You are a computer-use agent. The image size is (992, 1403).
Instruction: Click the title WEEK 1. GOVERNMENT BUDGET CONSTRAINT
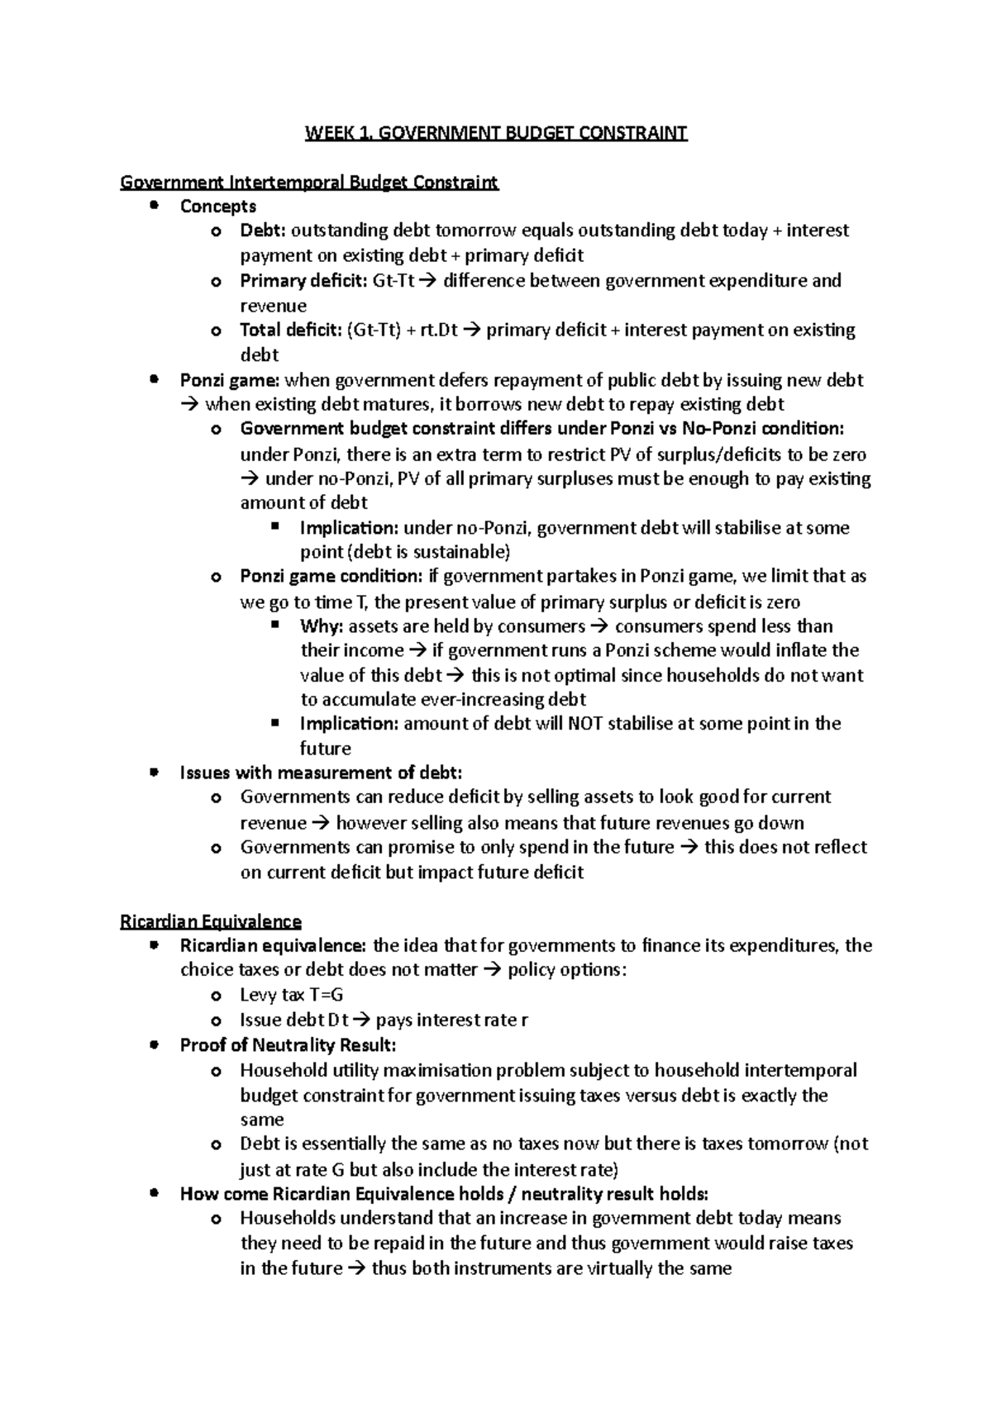click(496, 133)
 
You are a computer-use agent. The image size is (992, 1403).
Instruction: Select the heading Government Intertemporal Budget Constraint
click(309, 182)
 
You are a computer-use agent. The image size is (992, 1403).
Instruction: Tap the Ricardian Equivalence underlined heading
click(211, 920)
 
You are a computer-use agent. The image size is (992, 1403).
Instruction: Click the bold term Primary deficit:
click(303, 281)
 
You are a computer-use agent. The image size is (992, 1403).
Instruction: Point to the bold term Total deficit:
click(290, 331)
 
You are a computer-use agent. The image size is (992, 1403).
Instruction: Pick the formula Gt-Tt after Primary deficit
click(393, 281)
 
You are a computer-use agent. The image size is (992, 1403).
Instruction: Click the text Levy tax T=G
click(291, 995)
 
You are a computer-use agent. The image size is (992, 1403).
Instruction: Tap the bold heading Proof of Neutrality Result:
click(288, 1045)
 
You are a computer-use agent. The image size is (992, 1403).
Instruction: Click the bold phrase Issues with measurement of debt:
click(321, 773)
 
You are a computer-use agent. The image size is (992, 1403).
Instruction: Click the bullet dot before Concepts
click(153, 205)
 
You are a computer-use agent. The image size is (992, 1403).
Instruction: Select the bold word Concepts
click(218, 207)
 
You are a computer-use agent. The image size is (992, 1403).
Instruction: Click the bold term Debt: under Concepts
click(262, 231)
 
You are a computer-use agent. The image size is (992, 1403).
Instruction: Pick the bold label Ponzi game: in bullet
click(230, 381)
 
